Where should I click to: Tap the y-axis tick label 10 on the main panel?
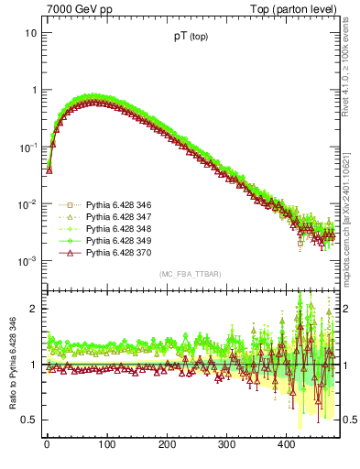(31, 33)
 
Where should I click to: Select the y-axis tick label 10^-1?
(27, 147)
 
